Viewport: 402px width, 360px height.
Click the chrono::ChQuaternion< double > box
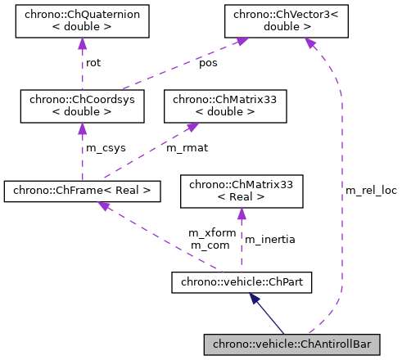point(82,21)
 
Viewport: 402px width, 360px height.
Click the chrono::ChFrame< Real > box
point(82,192)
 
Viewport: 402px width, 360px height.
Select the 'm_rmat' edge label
point(184,147)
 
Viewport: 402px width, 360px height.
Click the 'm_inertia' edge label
point(270,239)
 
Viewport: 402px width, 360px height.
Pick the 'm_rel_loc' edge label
point(371,191)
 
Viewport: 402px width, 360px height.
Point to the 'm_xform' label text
point(212,233)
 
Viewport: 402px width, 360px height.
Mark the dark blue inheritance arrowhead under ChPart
point(254,298)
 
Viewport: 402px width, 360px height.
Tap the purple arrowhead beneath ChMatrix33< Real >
point(242,214)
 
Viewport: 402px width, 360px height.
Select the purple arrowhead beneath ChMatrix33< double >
point(192,128)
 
